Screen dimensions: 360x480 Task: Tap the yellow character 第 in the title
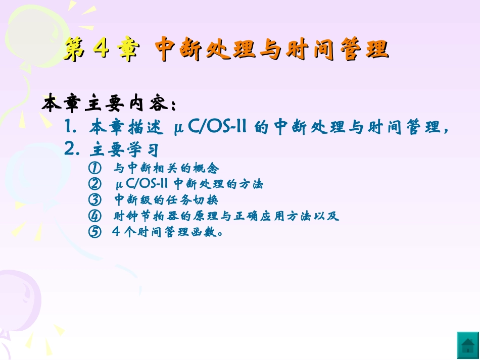click(x=75, y=50)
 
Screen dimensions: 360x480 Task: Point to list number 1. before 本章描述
click(x=71, y=127)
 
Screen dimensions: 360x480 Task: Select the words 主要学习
click(x=125, y=150)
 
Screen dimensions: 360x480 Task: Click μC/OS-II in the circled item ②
click(x=142, y=184)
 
